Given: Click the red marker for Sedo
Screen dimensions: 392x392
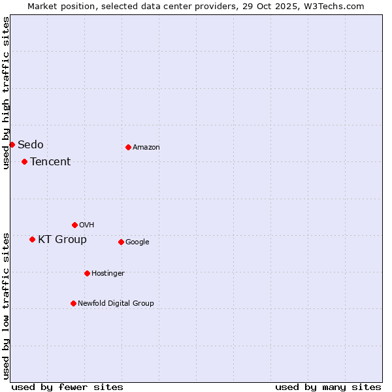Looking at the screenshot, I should point(12,144).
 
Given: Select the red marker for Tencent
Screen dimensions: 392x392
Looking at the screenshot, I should point(24,161).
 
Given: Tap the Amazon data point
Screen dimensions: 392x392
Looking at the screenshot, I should point(128,147).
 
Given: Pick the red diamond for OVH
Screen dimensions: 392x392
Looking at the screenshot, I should point(74,225).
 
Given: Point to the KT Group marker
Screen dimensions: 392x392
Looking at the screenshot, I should point(32,239).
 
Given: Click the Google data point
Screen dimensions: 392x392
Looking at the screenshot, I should point(121,242).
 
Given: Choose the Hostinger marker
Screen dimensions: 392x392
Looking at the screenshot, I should point(87,273).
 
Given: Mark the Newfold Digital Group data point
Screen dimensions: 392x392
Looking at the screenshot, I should point(73,303).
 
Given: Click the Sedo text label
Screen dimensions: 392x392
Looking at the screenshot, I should point(31,144).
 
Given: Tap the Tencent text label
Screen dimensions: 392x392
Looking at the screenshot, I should point(50,161).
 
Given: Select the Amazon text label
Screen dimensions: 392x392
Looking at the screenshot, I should point(146,147).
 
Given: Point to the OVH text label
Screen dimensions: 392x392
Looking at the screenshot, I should point(87,225).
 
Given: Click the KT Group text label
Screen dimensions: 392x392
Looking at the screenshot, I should point(62,239).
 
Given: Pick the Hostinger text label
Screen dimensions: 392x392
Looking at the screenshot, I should point(108,273).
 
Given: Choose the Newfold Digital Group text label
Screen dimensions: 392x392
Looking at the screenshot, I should point(116,303).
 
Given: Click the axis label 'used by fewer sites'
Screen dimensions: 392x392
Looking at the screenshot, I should point(67,387).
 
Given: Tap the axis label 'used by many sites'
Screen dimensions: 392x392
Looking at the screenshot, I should point(328,387).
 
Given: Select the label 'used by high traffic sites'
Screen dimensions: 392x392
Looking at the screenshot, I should point(6,93).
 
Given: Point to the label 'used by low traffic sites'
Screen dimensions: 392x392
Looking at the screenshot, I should point(6,306).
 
